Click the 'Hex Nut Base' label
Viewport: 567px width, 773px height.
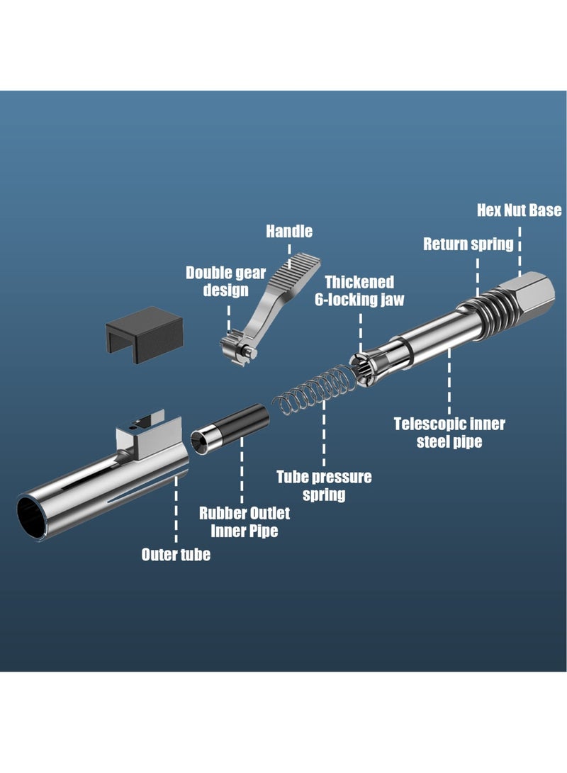[x=519, y=210]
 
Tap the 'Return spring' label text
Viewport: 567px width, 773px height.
[x=468, y=244]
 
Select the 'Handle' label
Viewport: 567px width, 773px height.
[x=289, y=231]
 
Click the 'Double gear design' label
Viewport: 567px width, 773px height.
[x=225, y=281]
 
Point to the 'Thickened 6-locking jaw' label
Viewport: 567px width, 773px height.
[x=359, y=290]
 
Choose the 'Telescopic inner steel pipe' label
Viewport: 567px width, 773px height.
[x=449, y=433]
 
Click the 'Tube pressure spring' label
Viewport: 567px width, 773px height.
[x=324, y=485]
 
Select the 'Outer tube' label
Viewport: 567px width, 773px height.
[x=176, y=554]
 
